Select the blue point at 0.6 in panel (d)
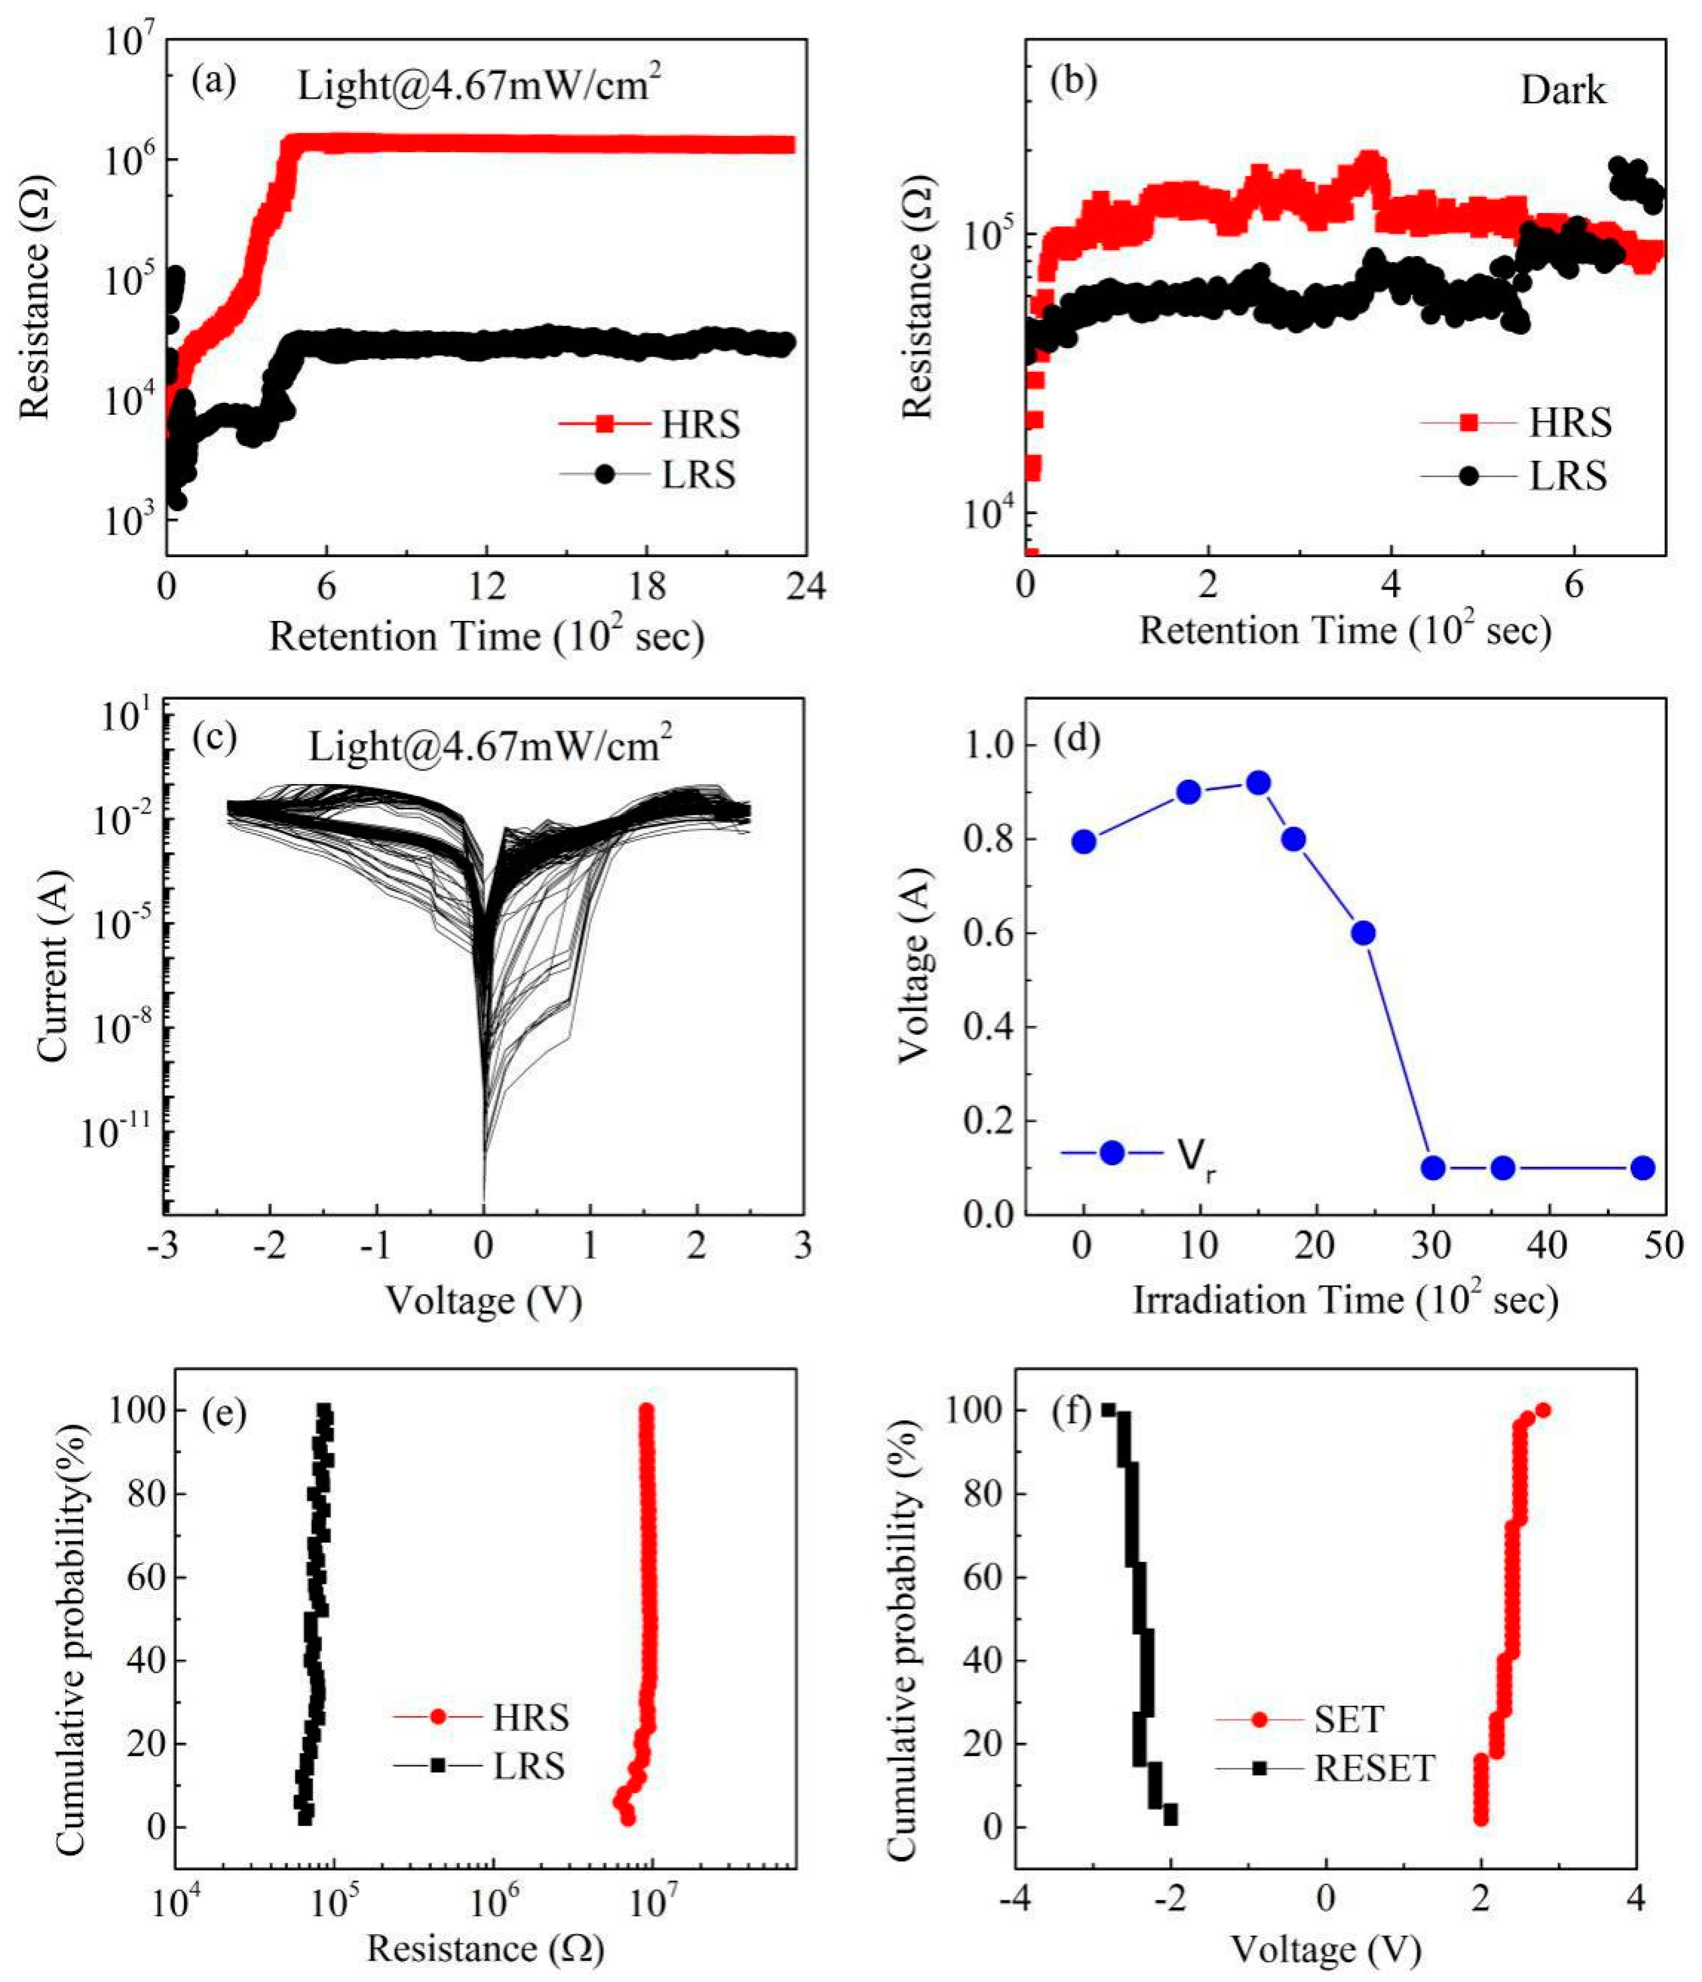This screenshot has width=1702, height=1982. pos(1363,933)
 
